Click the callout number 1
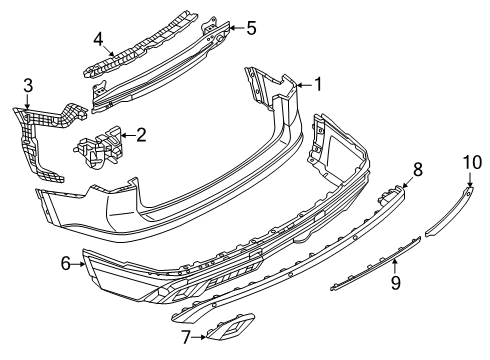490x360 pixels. (318, 84)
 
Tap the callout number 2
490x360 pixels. (141, 135)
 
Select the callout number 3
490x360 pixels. (28, 85)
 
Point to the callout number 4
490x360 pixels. (98, 39)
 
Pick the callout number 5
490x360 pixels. (251, 28)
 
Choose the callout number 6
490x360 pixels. (66, 264)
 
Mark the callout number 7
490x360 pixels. (186, 337)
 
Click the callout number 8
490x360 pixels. (418, 169)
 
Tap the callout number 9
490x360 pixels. (395, 283)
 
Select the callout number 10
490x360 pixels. (472, 162)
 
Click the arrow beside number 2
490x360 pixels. (128, 135)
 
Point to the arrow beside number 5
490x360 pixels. (237, 28)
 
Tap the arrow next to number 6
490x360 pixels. (79, 264)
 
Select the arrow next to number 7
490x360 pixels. (199, 337)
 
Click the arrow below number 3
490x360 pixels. (27, 101)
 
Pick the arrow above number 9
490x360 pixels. (395, 267)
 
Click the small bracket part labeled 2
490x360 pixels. (98, 147)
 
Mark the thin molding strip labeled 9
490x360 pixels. (376, 263)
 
